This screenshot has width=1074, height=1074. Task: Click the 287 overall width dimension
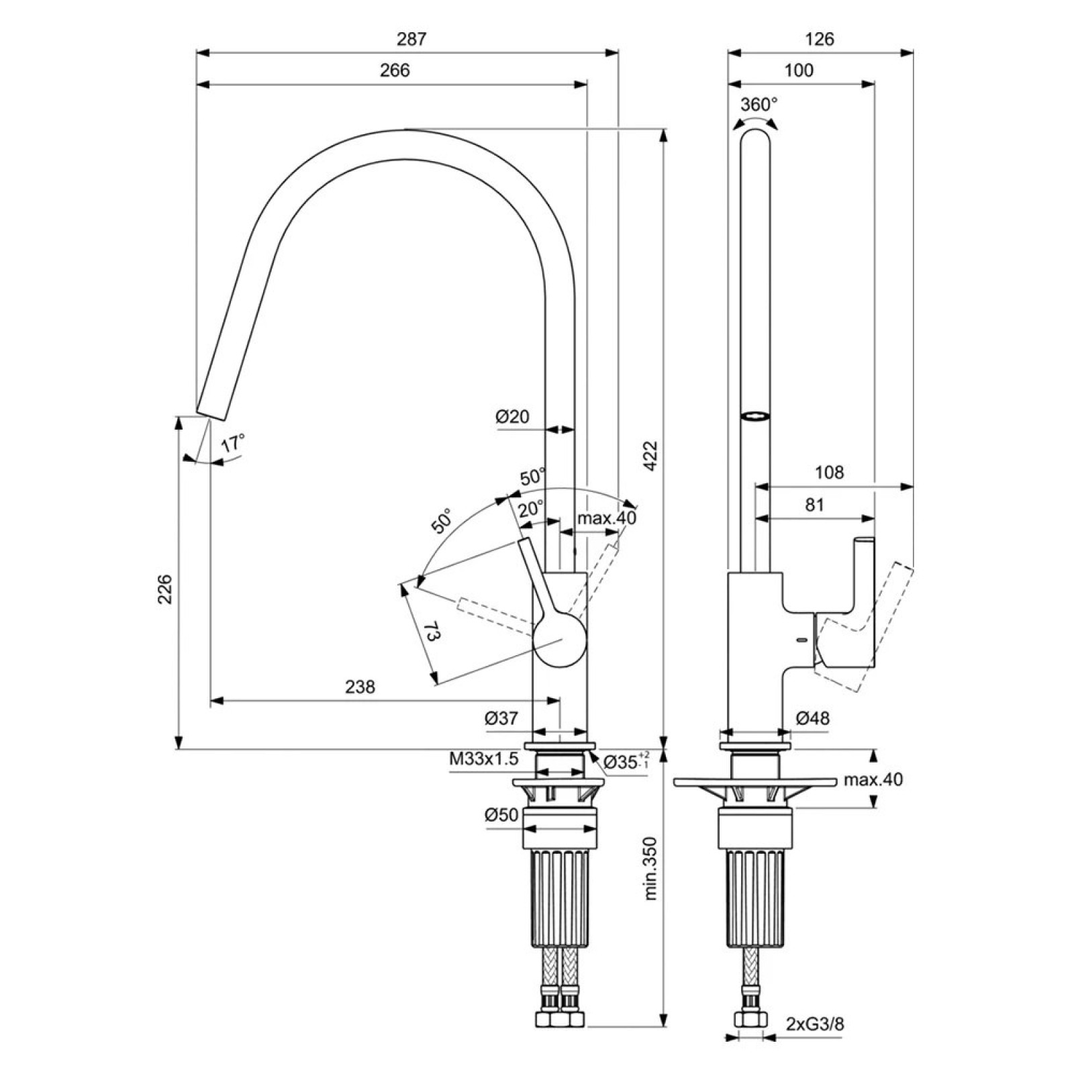point(411,39)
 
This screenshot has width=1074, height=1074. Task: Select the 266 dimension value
point(395,70)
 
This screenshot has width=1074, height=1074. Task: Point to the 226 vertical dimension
point(165,589)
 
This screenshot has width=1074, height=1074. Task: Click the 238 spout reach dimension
point(360,687)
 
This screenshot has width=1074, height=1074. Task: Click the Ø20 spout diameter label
point(513,417)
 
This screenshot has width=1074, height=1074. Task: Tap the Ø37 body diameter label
point(502,718)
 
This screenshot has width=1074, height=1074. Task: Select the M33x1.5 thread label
point(484,759)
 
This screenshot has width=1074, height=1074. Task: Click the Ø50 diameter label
point(501,815)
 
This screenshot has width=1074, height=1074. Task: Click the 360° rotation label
point(759,104)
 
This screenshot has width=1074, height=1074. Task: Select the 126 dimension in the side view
point(820,39)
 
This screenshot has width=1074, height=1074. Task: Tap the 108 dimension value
point(830,473)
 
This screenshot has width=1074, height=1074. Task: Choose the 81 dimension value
point(814,505)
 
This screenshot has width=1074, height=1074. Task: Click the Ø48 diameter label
point(813,718)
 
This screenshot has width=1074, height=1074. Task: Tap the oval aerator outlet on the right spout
point(755,416)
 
